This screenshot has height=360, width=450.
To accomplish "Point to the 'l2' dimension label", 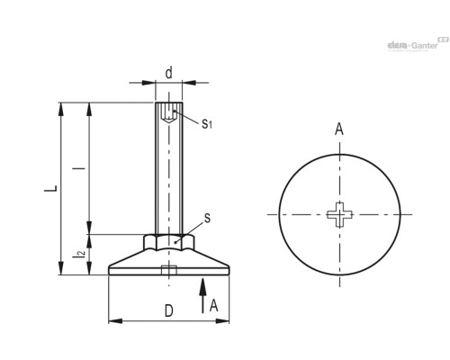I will pos(80,256).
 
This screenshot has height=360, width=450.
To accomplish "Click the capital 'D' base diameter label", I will pos(168,311).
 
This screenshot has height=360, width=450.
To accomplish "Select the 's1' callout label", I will pos(206,123).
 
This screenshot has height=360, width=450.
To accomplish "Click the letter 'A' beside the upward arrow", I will pos(213,305).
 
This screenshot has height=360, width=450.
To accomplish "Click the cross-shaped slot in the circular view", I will pos(340,214).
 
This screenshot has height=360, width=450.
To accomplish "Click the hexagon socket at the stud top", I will pos(168,114).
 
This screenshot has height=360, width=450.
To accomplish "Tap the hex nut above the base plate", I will pos(168,242).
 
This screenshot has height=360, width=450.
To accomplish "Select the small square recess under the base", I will pos(168,271).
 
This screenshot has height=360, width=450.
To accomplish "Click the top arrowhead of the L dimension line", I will pos(61,109).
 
